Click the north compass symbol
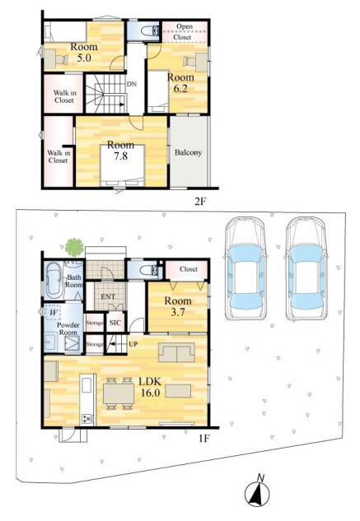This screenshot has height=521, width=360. click(x=257, y=493)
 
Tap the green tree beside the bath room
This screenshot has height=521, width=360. click(x=74, y=248)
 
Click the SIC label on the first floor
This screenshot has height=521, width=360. click(x=115, y=323)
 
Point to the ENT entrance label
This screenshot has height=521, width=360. click(x=108, y=297)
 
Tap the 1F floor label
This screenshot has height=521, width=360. click(x=204, y=439)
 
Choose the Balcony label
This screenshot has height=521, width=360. click(x=189, y=152)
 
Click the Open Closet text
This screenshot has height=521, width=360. click(x=184, y=32)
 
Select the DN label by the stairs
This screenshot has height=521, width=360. click(x=132, y=84)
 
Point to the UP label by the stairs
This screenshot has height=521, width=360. click(x=133, y=344)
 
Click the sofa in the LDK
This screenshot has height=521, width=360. click(x=176, y=352)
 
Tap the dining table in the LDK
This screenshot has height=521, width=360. click(x=119, y=393)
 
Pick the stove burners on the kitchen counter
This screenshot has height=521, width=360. click(x=86, y=419)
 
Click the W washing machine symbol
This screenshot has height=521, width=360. click(x=54, y=312)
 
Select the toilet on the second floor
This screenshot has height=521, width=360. click(x=149, y=31)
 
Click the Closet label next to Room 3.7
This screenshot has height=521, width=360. click(x=189, y=269)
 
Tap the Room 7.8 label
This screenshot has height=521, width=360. click(x=120, y=151)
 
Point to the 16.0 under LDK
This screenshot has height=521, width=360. click(x=151, y=393)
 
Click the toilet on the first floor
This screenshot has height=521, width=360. click(x=149, y=270)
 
